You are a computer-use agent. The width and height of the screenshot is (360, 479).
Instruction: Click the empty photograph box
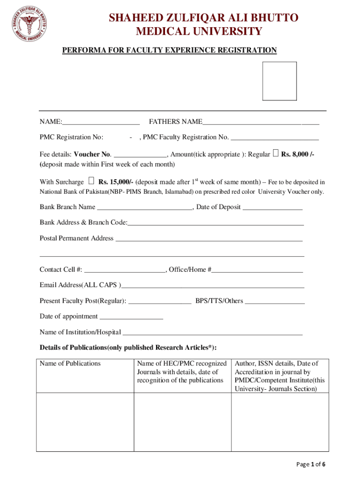click(279, 81)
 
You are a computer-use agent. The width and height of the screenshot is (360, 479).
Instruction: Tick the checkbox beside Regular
click(275, 153)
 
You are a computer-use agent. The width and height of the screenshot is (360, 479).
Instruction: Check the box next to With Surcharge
click(91, 181)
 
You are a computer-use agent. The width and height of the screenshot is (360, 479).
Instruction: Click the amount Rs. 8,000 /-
click(297, 154)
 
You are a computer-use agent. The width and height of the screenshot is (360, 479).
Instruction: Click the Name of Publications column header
click(70, 363)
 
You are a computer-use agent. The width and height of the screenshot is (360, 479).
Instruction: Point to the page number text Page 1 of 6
click(311, 464)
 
